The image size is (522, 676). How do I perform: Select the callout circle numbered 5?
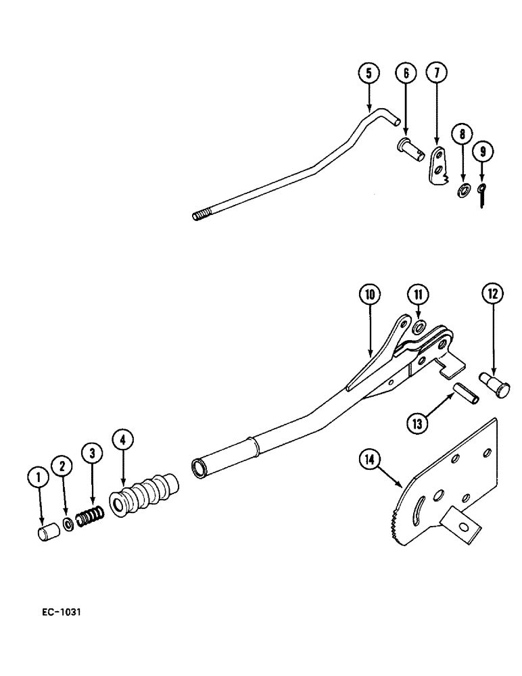pos(369,73)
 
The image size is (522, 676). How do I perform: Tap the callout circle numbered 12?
pos(492,294)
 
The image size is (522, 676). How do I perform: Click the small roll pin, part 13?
pos(466,393)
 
